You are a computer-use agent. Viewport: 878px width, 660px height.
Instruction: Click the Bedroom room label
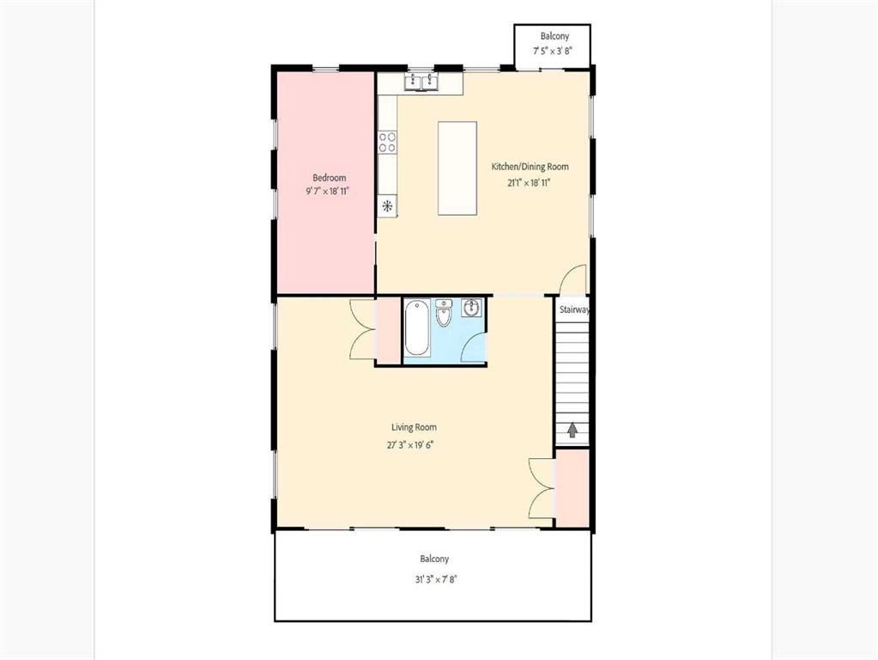[x=330, y=178]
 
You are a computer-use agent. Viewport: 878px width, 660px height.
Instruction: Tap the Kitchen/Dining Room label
[x=530, y=167]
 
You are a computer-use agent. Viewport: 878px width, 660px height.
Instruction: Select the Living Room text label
[x=414, y=427]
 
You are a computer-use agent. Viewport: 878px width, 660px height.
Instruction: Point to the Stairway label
[x=574, y=309]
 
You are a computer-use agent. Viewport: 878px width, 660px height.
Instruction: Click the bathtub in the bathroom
[x=417, y=328]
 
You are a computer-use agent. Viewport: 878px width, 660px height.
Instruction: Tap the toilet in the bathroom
[x=444, y=314]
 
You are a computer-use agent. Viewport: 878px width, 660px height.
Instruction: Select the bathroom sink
[x=472, y=308]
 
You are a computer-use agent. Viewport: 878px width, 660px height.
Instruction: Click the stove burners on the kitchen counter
[x=387, y=142]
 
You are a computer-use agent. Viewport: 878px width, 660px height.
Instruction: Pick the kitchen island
[x=457, y=168]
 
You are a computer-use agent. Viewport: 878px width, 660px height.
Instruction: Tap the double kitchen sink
[x=421, y=82]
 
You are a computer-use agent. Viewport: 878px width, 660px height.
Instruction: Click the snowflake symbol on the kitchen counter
[x=387, y=205]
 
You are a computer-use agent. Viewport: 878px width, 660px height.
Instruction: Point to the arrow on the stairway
[x=572, y=430]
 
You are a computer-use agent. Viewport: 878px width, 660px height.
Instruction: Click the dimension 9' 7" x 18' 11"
[x=328, y=192]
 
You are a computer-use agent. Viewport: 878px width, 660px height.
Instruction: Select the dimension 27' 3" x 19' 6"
[x=410, y=445]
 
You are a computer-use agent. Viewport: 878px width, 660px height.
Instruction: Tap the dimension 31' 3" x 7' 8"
[x=436, y=579]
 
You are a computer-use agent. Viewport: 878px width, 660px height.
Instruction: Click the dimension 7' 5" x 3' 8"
[x=552, y=51]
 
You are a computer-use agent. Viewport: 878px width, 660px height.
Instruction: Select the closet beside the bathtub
[x=388, y=331]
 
